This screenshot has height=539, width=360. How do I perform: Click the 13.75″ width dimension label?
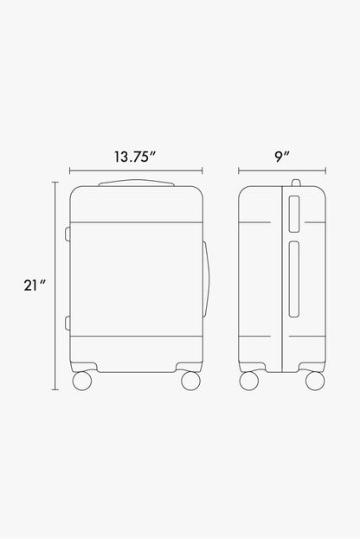coord(135,157)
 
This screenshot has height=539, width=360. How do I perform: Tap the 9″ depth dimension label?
coord(282,157)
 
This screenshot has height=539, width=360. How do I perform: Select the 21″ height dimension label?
coord(35,286)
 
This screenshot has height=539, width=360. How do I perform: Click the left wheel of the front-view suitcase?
coord(82,381)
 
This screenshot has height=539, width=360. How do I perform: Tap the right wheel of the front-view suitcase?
coord(190,381)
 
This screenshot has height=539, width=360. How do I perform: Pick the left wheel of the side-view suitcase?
coord(249,381)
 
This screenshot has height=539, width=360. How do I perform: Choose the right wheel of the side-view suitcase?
coord(315,381)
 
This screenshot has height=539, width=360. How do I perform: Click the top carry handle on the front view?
coord(137,183)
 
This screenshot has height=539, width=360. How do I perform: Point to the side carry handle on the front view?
coord(205,279)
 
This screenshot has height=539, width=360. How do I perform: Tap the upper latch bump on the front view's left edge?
coord(67,234)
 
